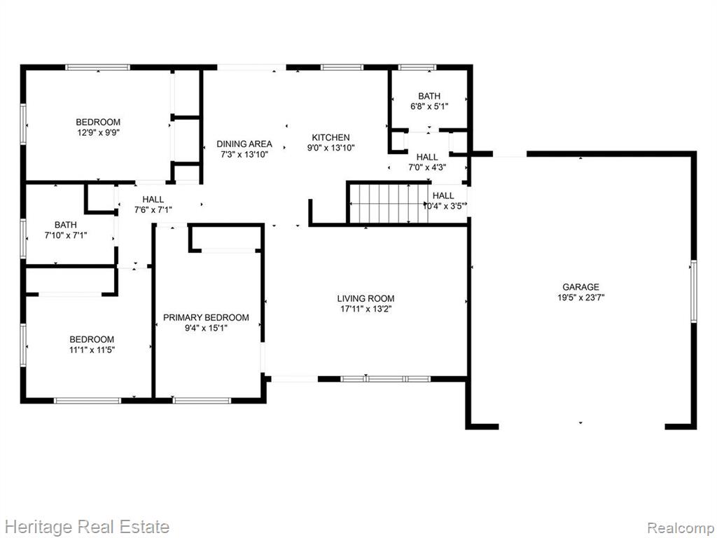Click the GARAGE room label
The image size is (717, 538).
(x=580, y=287)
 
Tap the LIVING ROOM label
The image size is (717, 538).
(x=366, y=298)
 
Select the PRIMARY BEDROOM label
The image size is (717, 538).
(x=206, y=317)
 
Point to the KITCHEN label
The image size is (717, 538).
(x=330, y=137)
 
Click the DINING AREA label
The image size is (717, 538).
(x=244, y=144)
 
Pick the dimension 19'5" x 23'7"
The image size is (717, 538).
(x=580, y=298)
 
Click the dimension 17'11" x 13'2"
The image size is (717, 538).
(x=366, y=309)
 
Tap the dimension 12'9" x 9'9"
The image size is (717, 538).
(x=98, y=132)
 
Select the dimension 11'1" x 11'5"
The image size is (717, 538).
(x=92, y=350)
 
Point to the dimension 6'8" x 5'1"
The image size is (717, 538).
(x=429, y=106)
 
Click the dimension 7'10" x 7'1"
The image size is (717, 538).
(x=65, y=235)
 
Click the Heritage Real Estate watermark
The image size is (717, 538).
(x=85, y=527)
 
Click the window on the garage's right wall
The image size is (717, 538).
(x=694, y=291)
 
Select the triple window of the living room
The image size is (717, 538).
(x=386, y=379)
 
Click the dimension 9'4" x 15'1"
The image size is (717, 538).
(x=206, y=328)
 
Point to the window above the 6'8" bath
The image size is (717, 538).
(x=417, y=67)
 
